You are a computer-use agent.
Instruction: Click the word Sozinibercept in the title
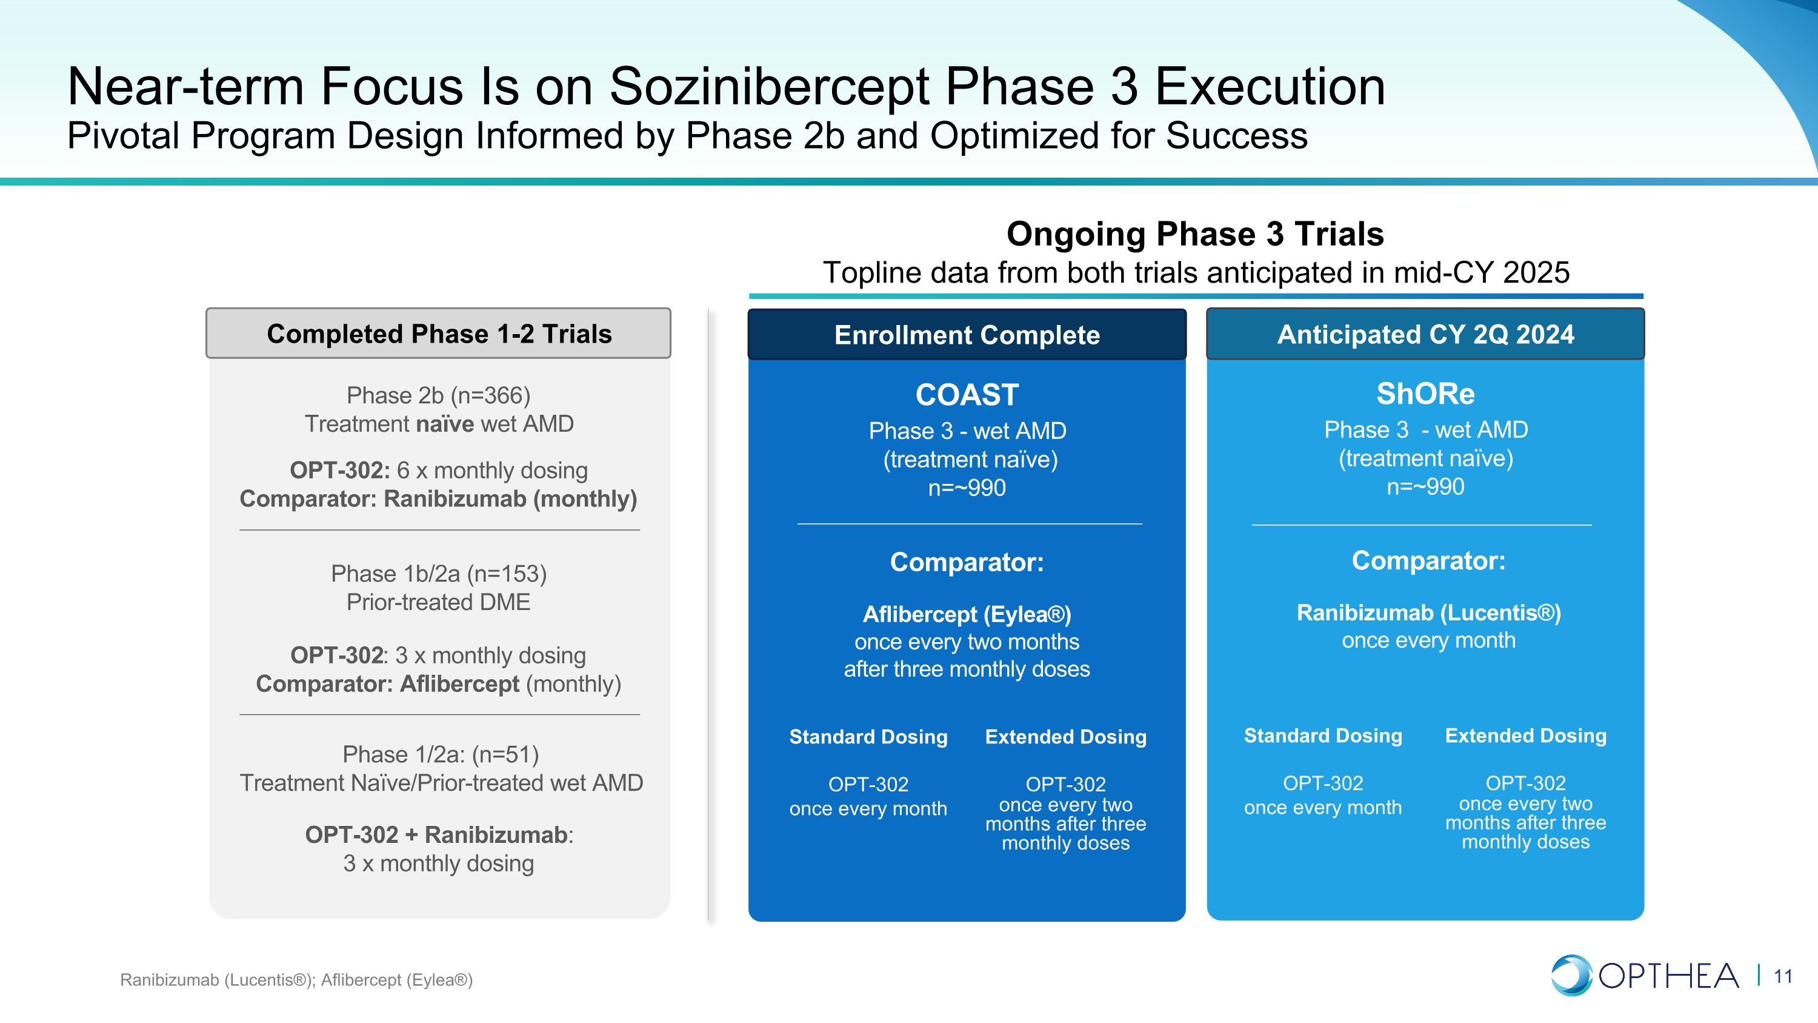pyautogui.click(x=768, y=87)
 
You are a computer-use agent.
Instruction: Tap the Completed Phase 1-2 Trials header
pyautogui.click(x=438, y=334)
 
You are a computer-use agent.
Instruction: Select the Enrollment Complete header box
pyautogui.click(x=967, y=335)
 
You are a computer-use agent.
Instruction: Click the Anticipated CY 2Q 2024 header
pyautogui.click(x=1425, y=334)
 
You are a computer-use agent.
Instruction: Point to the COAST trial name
pyautogui.click(x=967, y=395)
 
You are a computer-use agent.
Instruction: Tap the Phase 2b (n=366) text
pyautogui.click(x=438, y=395)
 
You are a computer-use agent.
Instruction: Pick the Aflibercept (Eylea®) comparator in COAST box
pyautogui.click(x=967, y=614)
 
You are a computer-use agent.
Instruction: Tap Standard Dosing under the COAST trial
pyautogui.click(x=868, y=736)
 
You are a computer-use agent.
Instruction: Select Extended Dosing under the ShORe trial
pyautogui.click(x=1526, y=735)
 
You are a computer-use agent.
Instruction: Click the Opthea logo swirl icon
pyautogui.click(x=1571, y=975)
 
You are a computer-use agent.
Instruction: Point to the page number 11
pyautogui.click(x=1783, y=976)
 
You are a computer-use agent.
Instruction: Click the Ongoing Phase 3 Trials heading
pyautogui.click(x=1195, y=233)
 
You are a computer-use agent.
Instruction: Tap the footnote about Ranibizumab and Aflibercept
pyautogui.click(x=296, y=980)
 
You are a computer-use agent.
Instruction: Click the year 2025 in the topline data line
pyautogui.click(x=1536, y=272)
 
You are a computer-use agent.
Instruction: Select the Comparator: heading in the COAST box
pyautogui.click(x=967, y=562)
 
